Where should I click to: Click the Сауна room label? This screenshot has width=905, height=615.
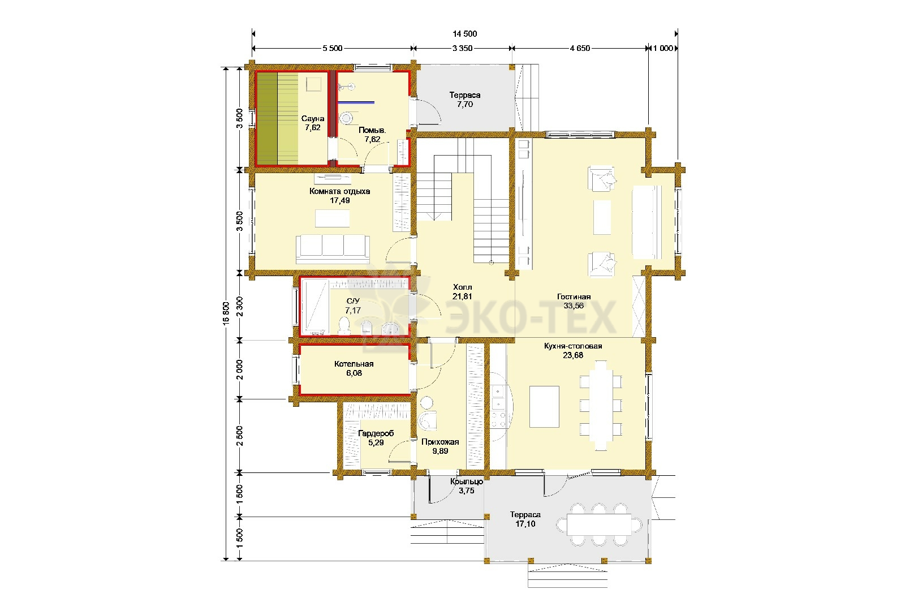(313, 119)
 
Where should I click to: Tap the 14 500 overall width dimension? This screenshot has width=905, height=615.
(464, 34)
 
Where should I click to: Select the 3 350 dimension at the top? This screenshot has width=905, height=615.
(462, 49)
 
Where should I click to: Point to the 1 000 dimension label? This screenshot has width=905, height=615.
(663, 49)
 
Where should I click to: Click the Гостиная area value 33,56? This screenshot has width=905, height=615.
(574, 306)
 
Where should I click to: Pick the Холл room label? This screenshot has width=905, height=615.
(463, 287)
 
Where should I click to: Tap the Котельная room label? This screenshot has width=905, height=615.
(354, 364)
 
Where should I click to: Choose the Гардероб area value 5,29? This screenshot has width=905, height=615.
(376, 443)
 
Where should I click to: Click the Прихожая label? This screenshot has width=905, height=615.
(440, 442)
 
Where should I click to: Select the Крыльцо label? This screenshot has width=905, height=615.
(467, 481)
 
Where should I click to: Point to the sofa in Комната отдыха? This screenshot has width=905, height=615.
(333, 250)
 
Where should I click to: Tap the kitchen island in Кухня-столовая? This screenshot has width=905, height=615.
(544, 406)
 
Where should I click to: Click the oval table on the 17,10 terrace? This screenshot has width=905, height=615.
(599, 524)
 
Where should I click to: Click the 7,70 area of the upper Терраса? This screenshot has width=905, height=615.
(465, 104)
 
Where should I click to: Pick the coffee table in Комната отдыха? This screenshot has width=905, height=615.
(333, 218)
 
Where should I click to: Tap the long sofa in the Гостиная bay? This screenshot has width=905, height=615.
(647, 222)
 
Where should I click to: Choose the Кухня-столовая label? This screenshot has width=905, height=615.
(573, 346)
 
